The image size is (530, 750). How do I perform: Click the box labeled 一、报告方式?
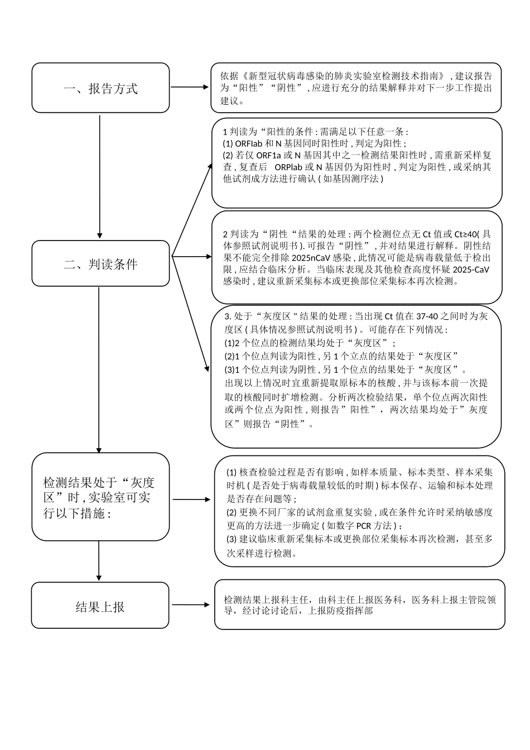100,88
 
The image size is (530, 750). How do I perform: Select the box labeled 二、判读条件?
100,263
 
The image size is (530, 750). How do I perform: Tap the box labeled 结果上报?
100,606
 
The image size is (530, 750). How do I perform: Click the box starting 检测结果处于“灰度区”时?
100,497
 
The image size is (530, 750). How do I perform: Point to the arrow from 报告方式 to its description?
190,87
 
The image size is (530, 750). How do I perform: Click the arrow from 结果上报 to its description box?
191,604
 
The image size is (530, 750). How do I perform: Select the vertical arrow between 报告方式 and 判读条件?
100,176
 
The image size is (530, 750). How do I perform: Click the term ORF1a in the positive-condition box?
269,155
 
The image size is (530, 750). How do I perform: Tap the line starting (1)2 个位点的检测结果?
310,343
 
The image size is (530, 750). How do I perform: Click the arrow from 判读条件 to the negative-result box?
191,257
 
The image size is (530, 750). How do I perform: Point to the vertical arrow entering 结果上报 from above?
99,561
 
